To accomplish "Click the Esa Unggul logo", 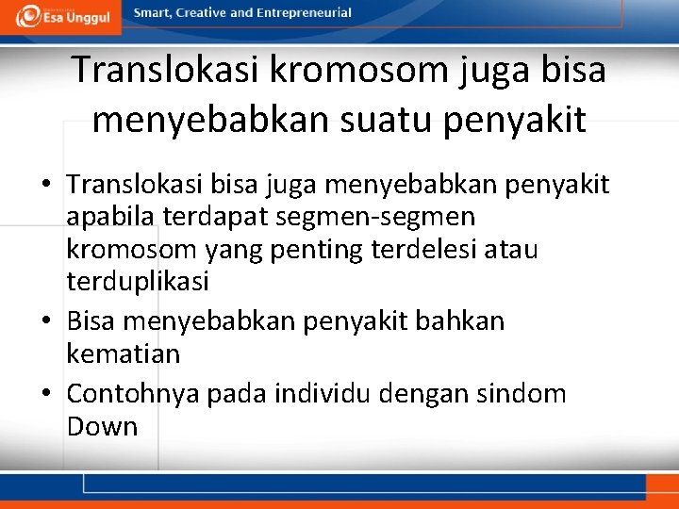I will point(62,16).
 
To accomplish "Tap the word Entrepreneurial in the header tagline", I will point(304,13).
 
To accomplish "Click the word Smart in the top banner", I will point(153,13).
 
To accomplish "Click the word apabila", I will point(111,218).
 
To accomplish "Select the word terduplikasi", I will point(138,282).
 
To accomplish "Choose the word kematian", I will point(123,354).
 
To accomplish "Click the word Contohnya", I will point(134,393).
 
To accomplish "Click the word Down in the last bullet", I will point(102,426).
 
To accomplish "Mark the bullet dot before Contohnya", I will point(46,394).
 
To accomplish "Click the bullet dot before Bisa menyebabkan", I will point(46,322).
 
